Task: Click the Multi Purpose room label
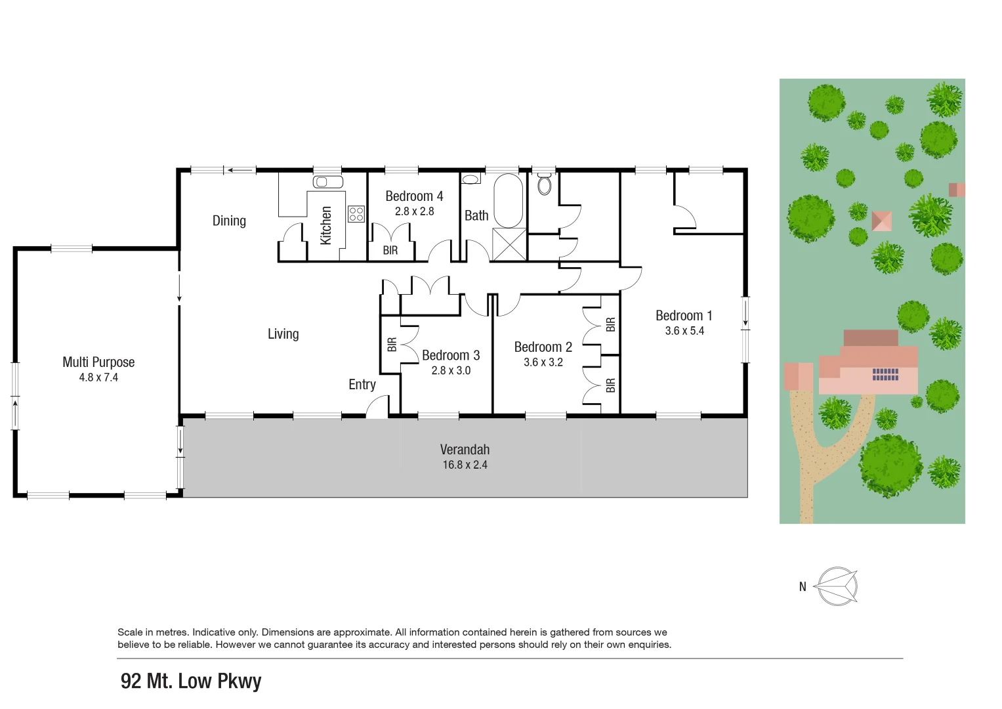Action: pyautogui.click(x=98, y=362)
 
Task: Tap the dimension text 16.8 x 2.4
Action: pyautogui.click(x=465, y=465)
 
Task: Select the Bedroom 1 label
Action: pyautogui.click(x=684, y=316)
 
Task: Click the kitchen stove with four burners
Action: pyautogui.click(x=356, y=214)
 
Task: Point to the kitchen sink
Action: pyautogui.click(x=328, y=182)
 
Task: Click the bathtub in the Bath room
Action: pyautogui.click(x=508, y=200)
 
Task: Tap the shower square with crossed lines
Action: pyautogui.click(x=509, y=244)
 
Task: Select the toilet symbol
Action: pyautogui.click(x=545, y=184)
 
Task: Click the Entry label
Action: pyautogui.click(x=362, y=385)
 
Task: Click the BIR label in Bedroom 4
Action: pyautogui.click(x=390, y=250)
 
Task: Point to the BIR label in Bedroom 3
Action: pyautogui.click(x=392, y=345)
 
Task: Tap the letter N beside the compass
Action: pyautogui.click(x=803, y=587)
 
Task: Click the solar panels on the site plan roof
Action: pyautogui.click(x=885, y=374)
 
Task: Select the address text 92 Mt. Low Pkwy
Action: pyautogui.click(x=191, y=681)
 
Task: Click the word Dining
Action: pyautogui.click(x=229, y=221)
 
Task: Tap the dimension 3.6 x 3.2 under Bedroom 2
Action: pyautogui.click(x=543, y=362)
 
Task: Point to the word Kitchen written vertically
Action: pyautogui.click(x=326, y=225)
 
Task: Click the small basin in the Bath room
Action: pyautogui.click(x=470, y=179)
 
